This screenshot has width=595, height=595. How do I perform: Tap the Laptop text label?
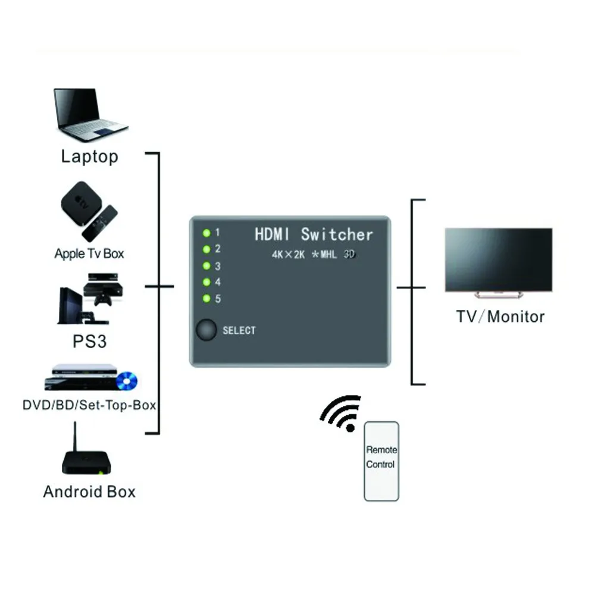tap(89, 156)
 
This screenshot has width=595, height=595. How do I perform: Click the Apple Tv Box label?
tap(89, 253)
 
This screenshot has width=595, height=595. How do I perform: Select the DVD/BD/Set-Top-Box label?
tap(89, 406)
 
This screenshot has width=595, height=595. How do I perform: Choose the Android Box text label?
tap(89, 492)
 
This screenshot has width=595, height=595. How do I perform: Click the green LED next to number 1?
tap(206, 233)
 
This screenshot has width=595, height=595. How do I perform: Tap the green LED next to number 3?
tap(206, 266)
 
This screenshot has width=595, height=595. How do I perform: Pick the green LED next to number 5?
tap(206, 299)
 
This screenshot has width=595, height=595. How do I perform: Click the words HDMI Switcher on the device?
tap(314, 234)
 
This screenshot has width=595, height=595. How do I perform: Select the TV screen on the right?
tap(498, 260)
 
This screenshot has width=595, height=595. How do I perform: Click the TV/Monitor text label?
tap(500, 317)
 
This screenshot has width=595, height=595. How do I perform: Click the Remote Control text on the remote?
tap(381, 458)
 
